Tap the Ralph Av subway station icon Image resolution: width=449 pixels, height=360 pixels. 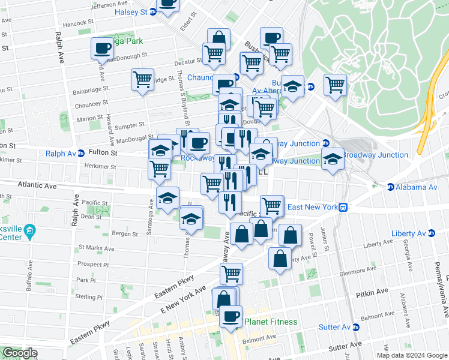coord(81,154)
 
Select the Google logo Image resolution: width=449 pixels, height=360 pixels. coord(20,353)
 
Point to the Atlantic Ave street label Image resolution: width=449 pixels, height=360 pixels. coord(37,187)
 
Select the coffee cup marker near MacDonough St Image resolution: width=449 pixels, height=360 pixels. coord(101,47)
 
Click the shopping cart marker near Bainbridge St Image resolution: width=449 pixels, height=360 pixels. coord(142,79)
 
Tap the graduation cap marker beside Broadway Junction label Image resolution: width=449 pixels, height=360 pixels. coord(333,159)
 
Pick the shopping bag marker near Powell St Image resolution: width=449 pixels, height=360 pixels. coord(290,235)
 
